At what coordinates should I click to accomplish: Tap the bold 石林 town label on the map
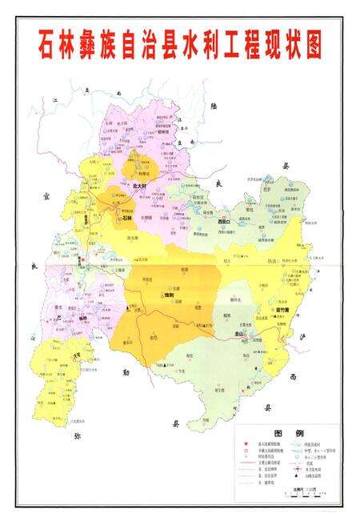(126, 216)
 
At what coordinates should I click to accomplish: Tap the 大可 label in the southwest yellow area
(77, 359)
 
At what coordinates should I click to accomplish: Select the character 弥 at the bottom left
(78, 436)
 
